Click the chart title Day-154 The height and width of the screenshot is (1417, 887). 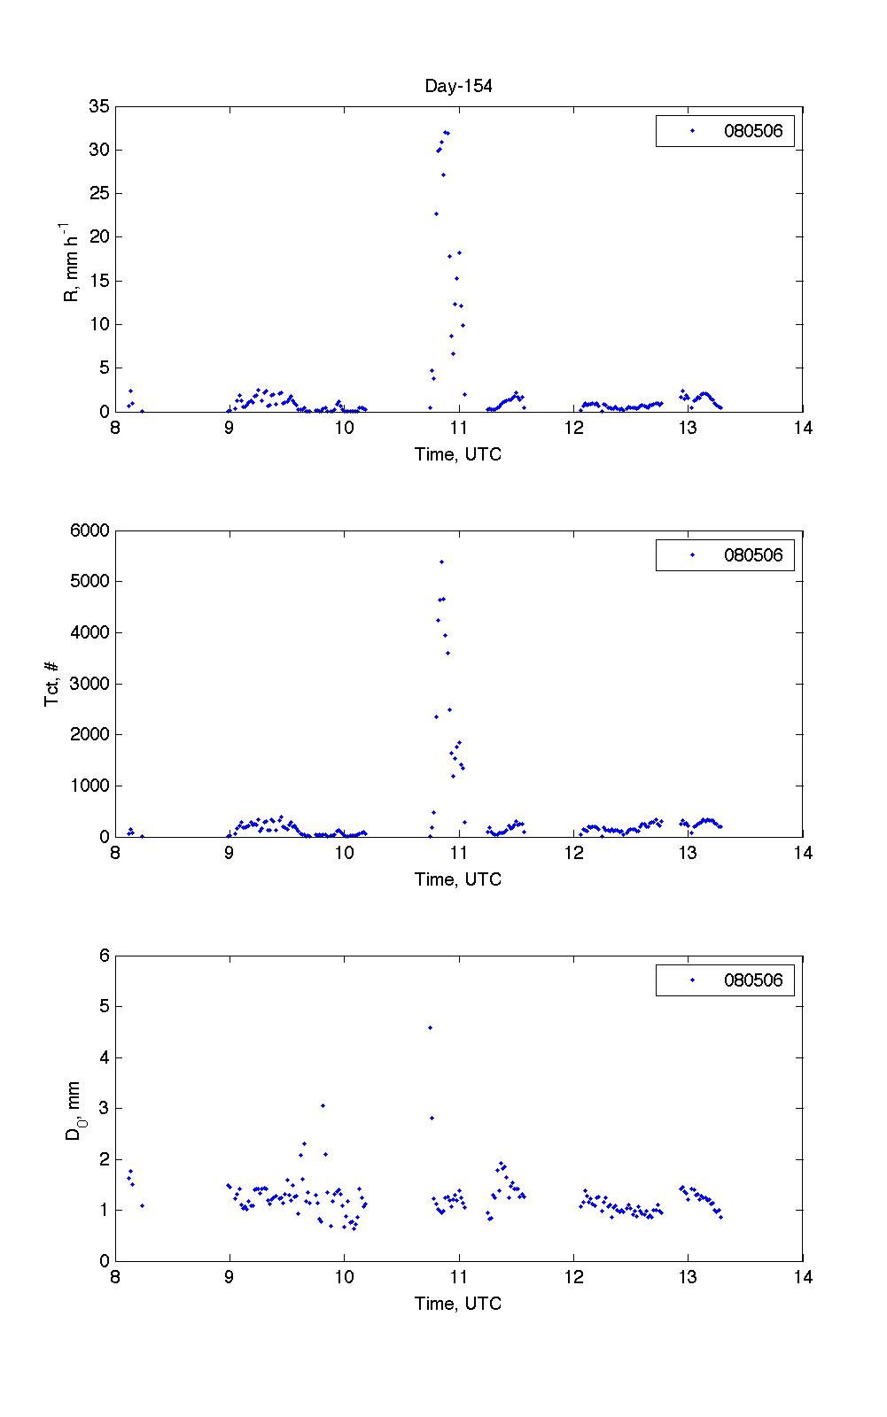tap(458, 86)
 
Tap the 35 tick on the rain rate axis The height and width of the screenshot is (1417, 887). tap(98, 106)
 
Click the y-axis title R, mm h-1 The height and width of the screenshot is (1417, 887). tap(72, 263)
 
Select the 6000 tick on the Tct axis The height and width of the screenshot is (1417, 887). tap(89, 530)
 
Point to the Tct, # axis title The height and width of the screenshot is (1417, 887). tap(52, 684)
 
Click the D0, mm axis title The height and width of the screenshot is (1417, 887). tap(74, 1109)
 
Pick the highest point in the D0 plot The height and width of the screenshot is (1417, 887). tap(430, 1027)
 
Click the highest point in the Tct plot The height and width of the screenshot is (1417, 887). tap(441, 561)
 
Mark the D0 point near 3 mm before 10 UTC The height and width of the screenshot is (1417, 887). tap(323, 1105)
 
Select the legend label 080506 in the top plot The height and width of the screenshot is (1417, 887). tap(753, 132)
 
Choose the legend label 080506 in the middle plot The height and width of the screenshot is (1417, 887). tap(753, 555)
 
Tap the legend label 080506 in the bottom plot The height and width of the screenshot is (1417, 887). tap(753, 980)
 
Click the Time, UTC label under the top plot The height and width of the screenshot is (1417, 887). tap(458, 454)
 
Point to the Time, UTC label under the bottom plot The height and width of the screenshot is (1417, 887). tap(458, 1304)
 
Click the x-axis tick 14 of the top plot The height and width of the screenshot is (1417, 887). tap(802, 429)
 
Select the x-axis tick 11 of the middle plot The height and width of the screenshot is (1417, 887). tap(458, 853)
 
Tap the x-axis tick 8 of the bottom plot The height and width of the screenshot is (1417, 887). tap(115, 1277)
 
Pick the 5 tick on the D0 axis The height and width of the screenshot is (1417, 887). tap(103, 1006)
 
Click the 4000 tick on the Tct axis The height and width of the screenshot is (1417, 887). tap(89, 632)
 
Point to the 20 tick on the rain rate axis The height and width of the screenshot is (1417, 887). tap(98, 236)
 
